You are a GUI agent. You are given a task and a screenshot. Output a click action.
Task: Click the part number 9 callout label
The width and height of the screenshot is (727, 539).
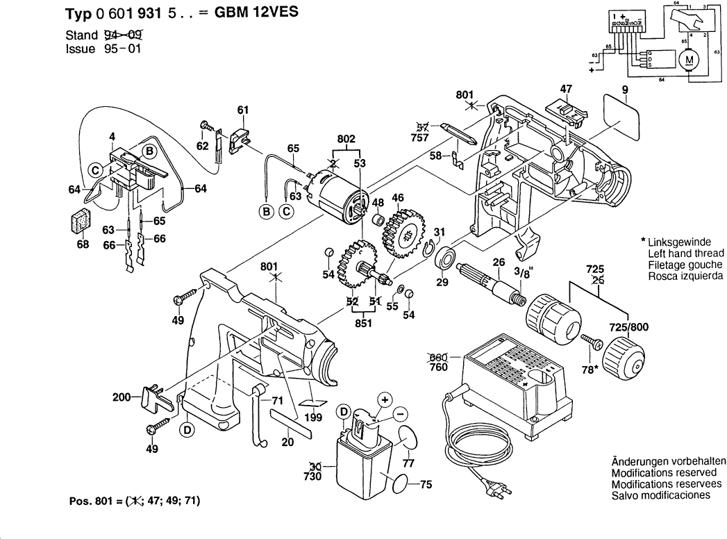624,88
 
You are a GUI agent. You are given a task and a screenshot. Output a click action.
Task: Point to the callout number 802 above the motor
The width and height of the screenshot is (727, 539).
346,140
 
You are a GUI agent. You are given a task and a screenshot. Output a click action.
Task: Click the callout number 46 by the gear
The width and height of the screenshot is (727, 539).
397,199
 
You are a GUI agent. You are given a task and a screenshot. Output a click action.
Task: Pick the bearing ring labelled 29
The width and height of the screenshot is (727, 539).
444,263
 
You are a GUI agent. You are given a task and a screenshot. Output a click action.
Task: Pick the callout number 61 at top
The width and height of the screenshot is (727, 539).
242,110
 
